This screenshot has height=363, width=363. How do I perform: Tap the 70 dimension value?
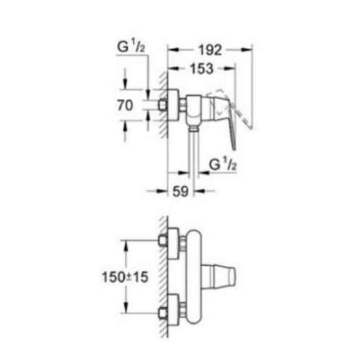click(x=124, y=105)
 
